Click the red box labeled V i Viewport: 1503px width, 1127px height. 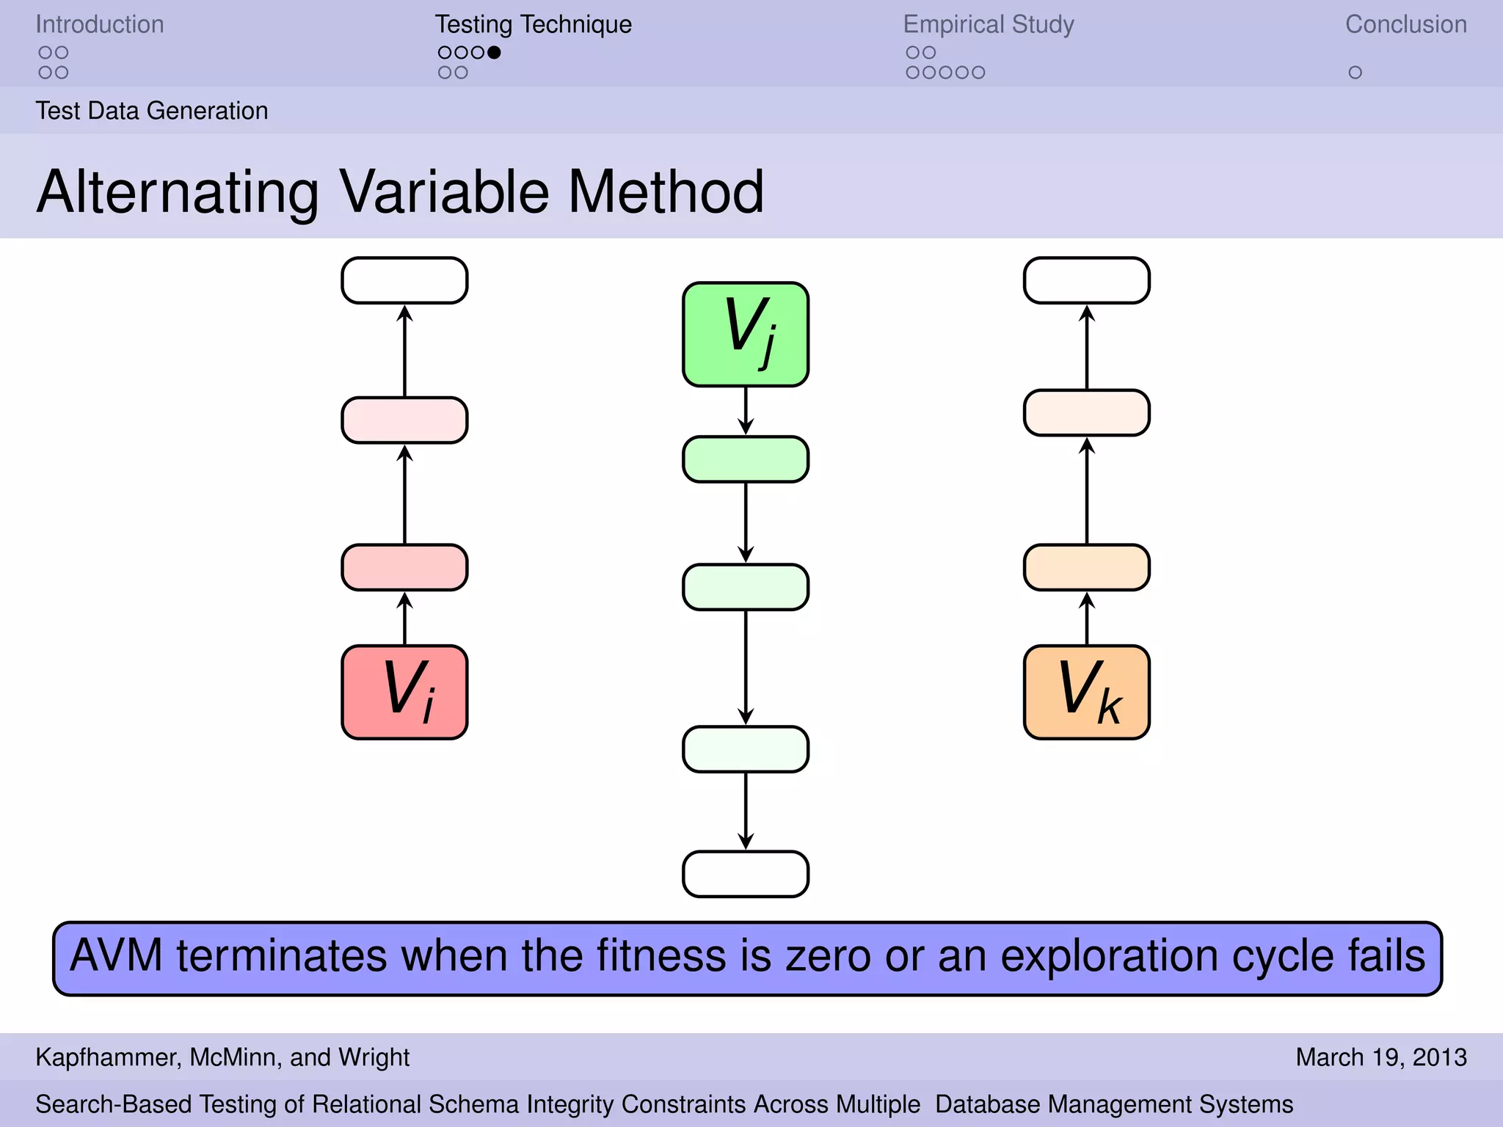(404, 692)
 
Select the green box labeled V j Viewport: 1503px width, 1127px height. (746, 334)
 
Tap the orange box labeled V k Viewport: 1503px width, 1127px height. (1086, 692)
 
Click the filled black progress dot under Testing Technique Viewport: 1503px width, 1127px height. (494, 52)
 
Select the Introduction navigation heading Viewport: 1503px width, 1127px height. (100, 24)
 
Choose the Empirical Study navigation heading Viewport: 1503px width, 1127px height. (988, 24)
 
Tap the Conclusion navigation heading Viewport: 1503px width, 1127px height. (1405, 24)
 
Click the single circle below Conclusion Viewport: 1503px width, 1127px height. (1355, 73)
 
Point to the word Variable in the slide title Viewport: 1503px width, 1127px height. (444, 192)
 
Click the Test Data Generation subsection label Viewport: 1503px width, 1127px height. (152, 111)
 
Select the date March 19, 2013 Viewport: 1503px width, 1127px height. (1380, 1057)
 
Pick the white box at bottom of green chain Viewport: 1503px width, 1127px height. (746, 874)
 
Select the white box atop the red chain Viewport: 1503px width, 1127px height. (404, 280)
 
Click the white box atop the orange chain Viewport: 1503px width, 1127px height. (1086, 280)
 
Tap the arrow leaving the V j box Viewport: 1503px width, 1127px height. (746, 411)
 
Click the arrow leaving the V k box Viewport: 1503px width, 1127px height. (1087, 619)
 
